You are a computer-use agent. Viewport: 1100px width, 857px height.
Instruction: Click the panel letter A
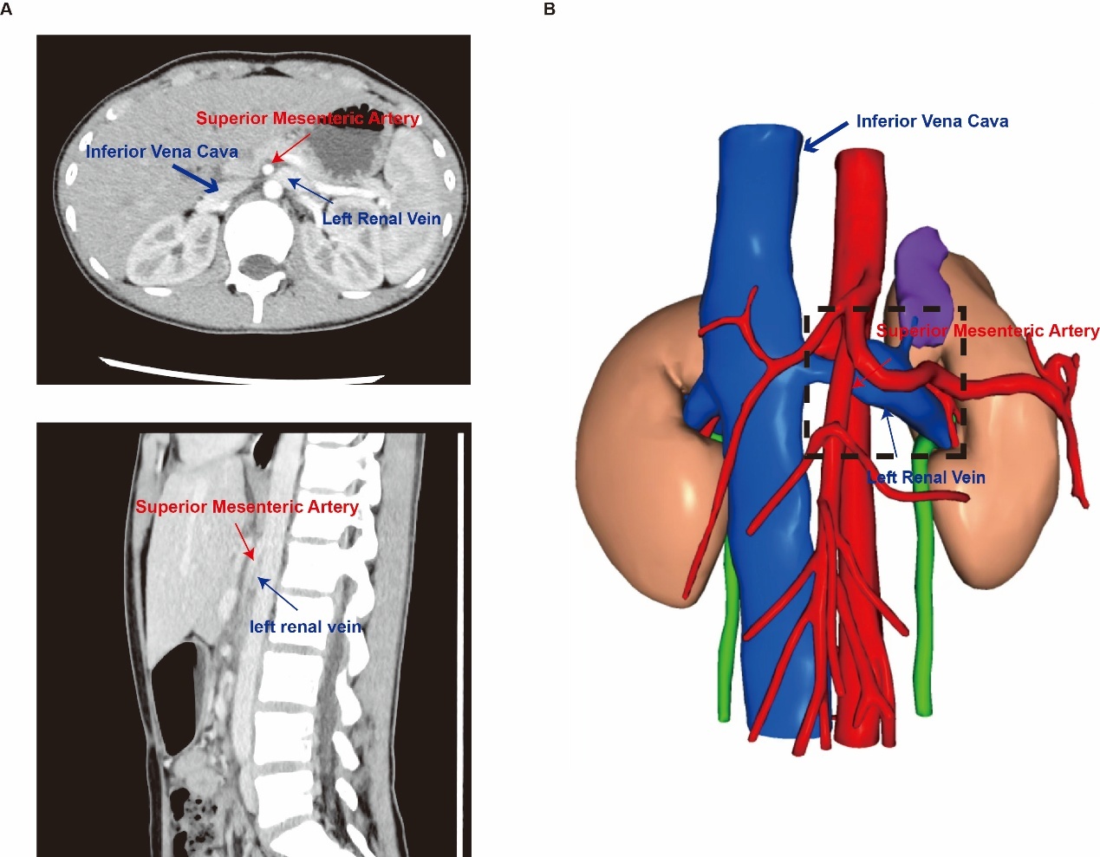tap(6, 10)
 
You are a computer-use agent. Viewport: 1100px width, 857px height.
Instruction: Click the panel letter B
tap(550, 10)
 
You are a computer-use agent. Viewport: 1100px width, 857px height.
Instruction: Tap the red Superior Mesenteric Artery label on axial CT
tap(308, 119)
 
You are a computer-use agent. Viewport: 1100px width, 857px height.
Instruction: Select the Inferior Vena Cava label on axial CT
tap(161, 152)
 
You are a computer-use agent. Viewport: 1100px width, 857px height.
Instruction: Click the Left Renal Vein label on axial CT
tap(381, 218)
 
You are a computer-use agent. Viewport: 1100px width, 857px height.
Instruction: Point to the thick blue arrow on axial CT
tap(195, 179)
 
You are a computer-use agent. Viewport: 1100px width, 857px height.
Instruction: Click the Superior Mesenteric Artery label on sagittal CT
tap(248, 506)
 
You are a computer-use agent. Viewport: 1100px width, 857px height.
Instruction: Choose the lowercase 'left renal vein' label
tap(306, 627)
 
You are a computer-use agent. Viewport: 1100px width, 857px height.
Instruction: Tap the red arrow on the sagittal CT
tap(244, 542)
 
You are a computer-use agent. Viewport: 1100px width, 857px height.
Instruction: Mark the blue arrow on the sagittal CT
tap(277, 594)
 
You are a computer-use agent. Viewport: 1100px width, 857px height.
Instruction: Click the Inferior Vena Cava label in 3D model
tap(932, 121)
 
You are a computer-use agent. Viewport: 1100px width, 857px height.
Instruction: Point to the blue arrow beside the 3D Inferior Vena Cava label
tap(825, 137)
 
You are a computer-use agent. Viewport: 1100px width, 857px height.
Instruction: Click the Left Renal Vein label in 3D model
tap(927, 477)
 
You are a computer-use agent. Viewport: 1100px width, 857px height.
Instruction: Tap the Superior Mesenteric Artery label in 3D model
tap(987, 331)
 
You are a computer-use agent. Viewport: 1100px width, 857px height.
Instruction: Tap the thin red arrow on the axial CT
tap(291, 147)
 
